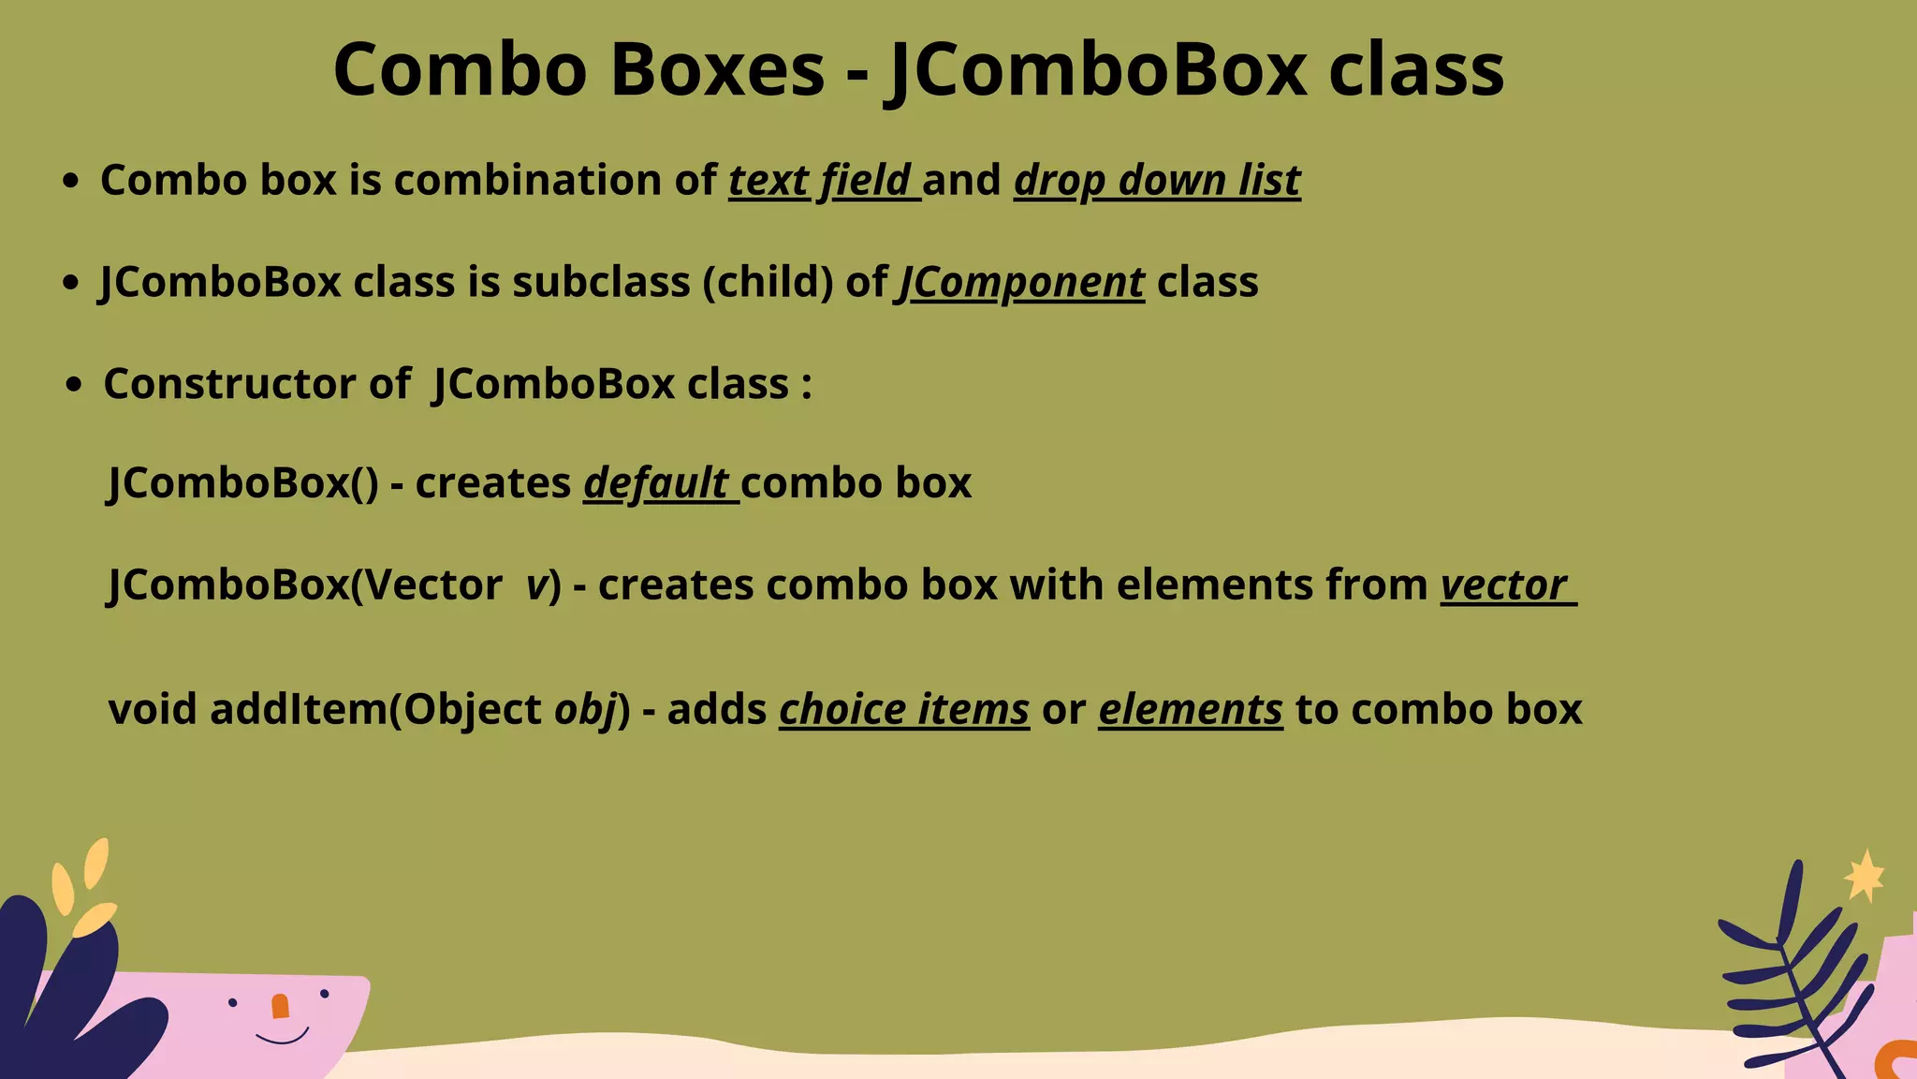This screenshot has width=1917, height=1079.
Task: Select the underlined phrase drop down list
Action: coord(1157,180)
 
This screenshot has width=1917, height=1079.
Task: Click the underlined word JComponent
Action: coord(1021,282)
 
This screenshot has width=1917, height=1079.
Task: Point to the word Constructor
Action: coord(229,384)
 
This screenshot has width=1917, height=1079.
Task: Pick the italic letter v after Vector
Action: coord(536,585)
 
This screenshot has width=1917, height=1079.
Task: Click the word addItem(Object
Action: coord(375,709)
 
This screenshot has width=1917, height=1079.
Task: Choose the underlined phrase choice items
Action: coord(904,709)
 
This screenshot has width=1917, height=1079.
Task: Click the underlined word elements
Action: coord(1190,709)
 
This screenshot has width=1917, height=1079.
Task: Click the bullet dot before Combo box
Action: coord(70,181)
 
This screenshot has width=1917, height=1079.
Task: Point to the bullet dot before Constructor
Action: coord(75,385)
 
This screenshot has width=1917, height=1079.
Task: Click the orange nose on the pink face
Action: coord(280,1007)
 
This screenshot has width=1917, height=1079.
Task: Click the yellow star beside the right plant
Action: coord(1865,876)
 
